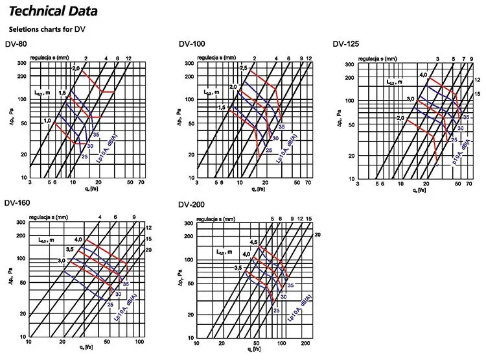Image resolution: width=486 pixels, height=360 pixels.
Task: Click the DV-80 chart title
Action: click(16, 45)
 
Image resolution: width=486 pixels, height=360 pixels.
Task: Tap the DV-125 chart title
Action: click(345, 44)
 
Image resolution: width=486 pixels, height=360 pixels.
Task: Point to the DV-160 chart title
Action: click(17, 203)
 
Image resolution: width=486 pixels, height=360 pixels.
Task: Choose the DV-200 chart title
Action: click(191, 205)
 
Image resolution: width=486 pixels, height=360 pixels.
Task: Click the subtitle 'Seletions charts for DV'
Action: click(47, 29)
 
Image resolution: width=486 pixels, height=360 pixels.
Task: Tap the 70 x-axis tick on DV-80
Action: click(142, 184)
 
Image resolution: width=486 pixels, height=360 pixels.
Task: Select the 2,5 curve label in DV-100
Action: click(244, 68)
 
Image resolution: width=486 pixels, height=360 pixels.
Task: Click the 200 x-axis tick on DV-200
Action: click(305, 342)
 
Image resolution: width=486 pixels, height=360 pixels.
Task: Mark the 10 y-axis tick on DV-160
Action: click(21, 337)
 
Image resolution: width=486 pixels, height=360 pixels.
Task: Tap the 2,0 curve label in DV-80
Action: click(75, 69)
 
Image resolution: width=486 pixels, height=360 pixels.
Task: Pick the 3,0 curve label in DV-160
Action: click(62, 260)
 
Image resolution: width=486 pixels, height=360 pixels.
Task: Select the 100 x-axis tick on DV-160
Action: click(139, 342)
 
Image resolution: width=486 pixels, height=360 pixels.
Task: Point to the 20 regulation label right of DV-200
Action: click(318, 234)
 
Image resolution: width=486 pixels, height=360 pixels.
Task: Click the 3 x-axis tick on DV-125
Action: click(358, 184)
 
